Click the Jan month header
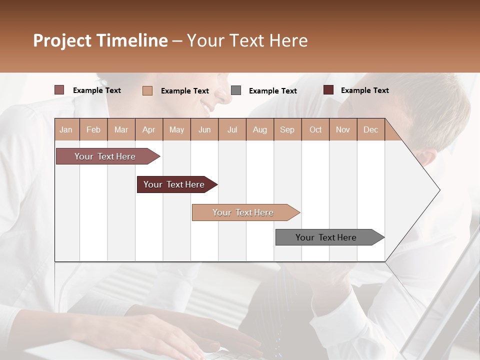pos(66,129)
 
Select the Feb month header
pos(93,129)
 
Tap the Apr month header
pos(149,129)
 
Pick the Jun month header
pos(204,129)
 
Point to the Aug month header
pos(260,129)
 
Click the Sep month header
pos(287,129)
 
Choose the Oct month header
pos(315,129)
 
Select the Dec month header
pos(371,129)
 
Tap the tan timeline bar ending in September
pos(243,212)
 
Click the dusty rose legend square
pos(59,90)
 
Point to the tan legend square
pos(147,90)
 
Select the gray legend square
pos(236,90)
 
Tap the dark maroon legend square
pos(328,90)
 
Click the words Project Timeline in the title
pos(100,40)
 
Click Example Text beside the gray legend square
pos(273,90)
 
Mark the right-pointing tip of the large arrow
pos(438,190)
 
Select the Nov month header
pos(343,129)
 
